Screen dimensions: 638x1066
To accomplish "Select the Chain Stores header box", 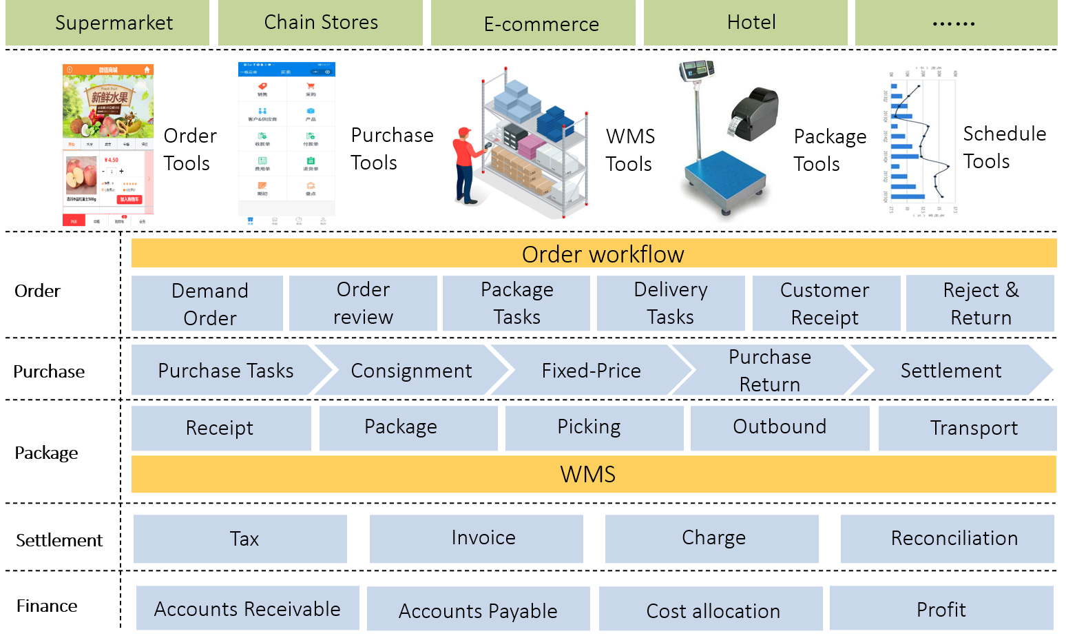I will pyautogui.click(x=320, y=23).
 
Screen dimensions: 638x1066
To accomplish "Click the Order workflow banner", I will pyautogui.click(x=594, y=254).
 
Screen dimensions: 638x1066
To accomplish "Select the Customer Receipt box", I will pyautogui.click(x=826, y=304).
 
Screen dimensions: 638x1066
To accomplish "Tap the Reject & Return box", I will pyautogui.click(x=980, y=304).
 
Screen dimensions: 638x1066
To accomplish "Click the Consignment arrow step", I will pyautogui.click(x=411, y=371).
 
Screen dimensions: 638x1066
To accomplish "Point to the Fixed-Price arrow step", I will pyautogui.click(x=591, y=371).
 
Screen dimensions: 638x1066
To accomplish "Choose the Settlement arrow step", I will pyautogui.click(x=951, y=371).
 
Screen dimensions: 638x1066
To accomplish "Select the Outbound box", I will pyautogui.click(x=780, y=428).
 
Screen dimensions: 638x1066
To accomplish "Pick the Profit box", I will pyautogui.click(x=941, y=608).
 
